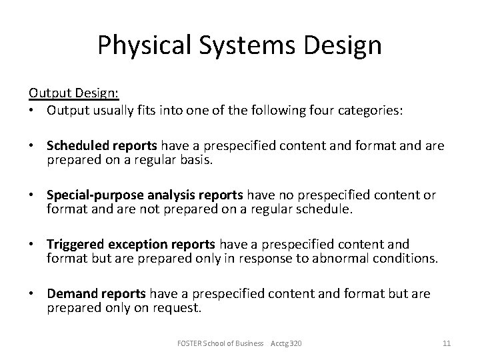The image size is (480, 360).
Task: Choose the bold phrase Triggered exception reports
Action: tap(131, 244)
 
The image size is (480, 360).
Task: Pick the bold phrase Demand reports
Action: tap(97, 293)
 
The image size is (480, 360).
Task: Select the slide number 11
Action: tap(447, 343)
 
